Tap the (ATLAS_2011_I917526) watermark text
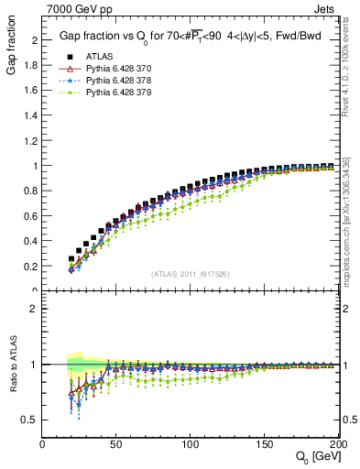189,274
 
